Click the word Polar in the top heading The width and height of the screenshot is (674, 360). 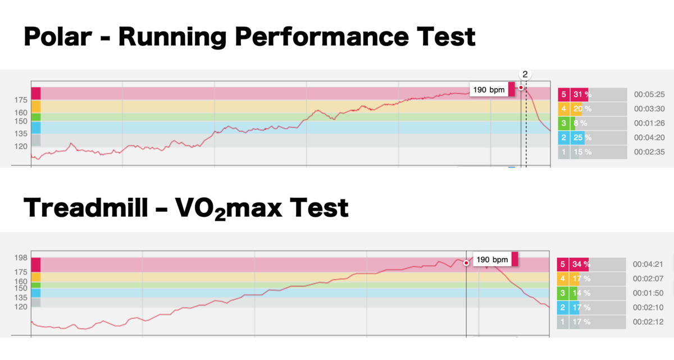58,37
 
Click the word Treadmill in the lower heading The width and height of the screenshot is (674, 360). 86,208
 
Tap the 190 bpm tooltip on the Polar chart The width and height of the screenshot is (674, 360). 492,90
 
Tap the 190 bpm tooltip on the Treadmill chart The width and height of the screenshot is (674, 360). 495,259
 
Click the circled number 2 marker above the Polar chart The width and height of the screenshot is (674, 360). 525,74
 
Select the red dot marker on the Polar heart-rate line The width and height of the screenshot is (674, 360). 521,88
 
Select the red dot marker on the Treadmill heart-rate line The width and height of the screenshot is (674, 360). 466,263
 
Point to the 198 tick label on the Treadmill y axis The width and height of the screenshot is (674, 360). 21,258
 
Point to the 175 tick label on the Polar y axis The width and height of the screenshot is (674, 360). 21,100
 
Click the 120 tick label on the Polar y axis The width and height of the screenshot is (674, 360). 21,147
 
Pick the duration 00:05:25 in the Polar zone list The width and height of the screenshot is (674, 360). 649,94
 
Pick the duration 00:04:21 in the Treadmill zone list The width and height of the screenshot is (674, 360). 648,265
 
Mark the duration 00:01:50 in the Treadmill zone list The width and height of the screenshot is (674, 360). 648,293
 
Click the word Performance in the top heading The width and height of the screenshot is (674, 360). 322,37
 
